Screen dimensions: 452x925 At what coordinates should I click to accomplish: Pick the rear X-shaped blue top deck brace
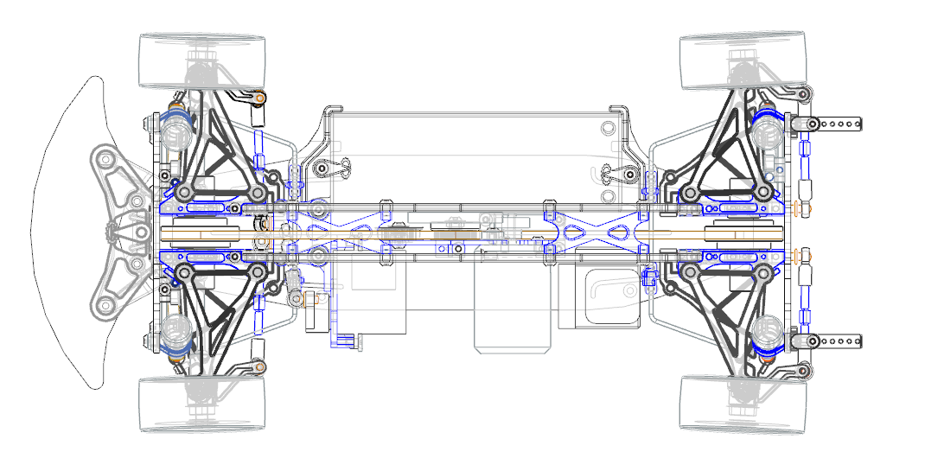(596, 232)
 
